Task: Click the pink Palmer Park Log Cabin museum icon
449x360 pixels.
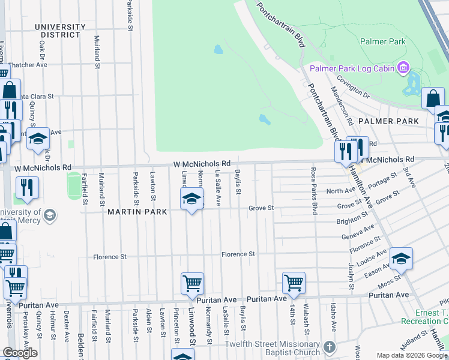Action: click(403, 68)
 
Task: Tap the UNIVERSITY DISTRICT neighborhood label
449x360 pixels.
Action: click(60, 31)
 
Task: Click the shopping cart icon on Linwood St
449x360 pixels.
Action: click(192, 282)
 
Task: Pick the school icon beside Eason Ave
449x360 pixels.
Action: click(402, 258)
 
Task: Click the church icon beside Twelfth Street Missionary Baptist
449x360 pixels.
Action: click(329, 347)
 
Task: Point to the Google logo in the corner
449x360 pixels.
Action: click(19, 353)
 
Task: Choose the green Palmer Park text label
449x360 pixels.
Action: click(382, 42)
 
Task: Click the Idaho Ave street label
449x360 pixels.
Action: click(334, 316)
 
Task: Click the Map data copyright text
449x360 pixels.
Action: click(412, 355)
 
